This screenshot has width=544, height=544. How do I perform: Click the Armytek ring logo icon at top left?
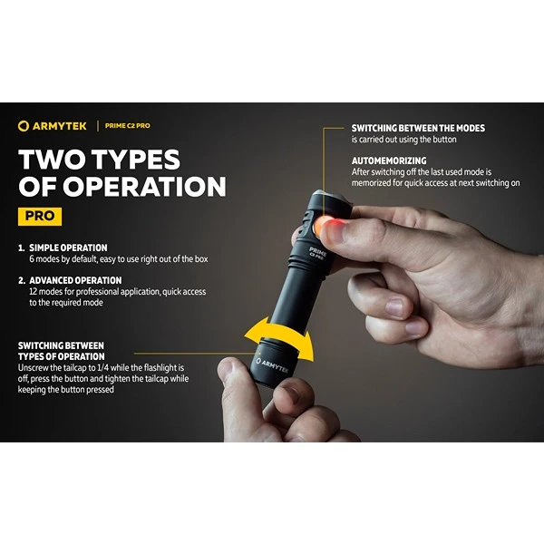coord(24,126)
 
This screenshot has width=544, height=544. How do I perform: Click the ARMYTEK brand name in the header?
coord(59,126)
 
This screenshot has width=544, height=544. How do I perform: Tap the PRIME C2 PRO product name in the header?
coord(127,126)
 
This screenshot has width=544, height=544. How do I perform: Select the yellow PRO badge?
coord(40,216)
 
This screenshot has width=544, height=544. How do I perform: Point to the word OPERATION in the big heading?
coord(144,187)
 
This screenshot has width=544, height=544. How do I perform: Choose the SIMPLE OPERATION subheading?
coord(68,248)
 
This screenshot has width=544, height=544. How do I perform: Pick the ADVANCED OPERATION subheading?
coord(75,280)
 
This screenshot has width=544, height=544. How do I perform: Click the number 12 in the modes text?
coord(34,292)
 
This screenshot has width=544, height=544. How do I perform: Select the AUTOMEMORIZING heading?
coord(389,161)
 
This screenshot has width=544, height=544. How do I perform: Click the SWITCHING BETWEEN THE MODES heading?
coord(418,129)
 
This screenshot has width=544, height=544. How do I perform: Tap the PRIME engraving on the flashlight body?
coord(317,251)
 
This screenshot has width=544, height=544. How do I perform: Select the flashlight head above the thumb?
coord(330,203)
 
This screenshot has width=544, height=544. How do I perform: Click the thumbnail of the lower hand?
coord(225,367)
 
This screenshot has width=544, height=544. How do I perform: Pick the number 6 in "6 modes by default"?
coord(32,259)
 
